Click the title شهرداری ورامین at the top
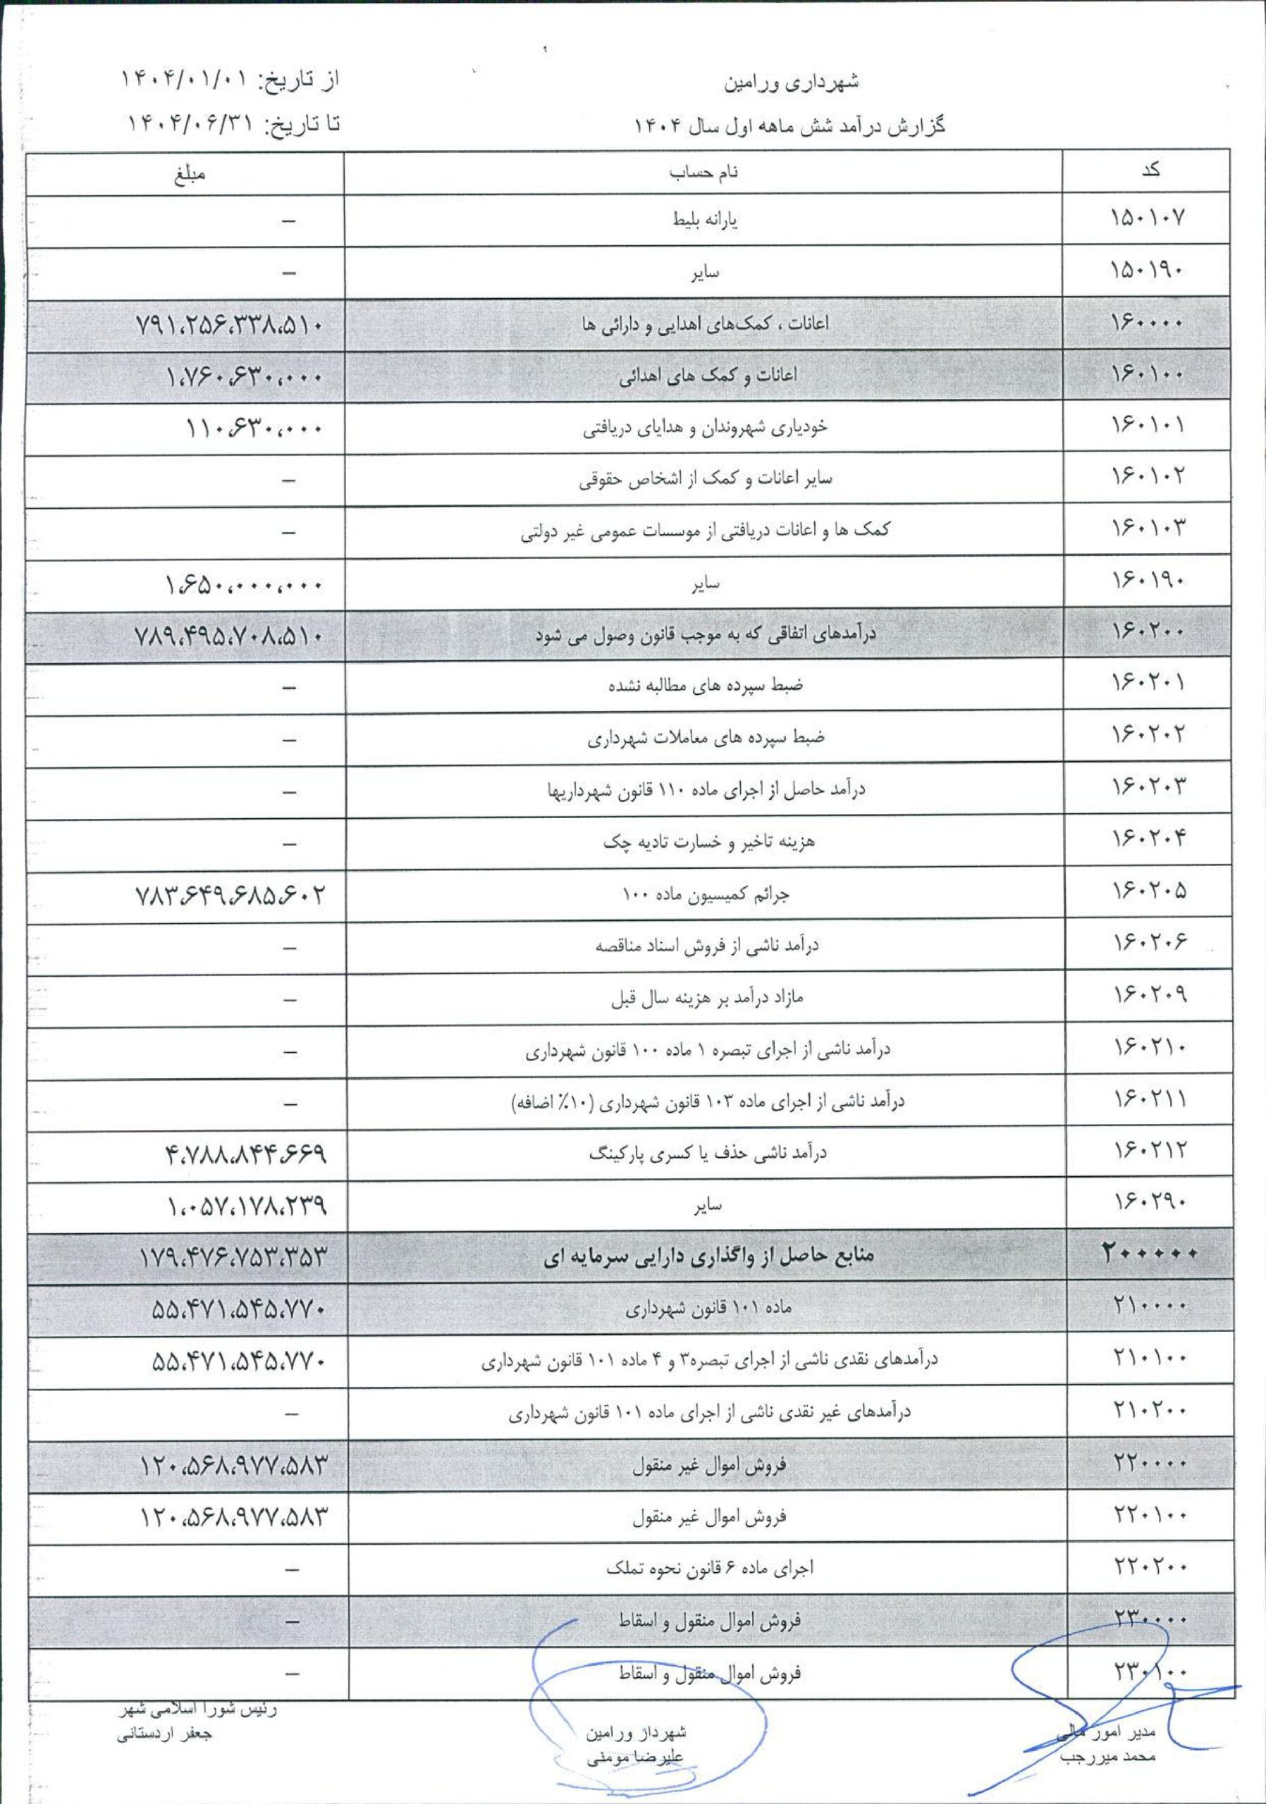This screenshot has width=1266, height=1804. point(792,82)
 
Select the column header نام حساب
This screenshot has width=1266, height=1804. point(703,173)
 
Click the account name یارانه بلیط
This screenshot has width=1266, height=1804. point(705,220)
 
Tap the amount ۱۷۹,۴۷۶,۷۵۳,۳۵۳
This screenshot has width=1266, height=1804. point(233,1257)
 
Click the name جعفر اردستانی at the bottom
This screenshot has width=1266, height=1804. point(164,1734)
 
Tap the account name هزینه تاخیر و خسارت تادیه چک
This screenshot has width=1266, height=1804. point(709,842)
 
